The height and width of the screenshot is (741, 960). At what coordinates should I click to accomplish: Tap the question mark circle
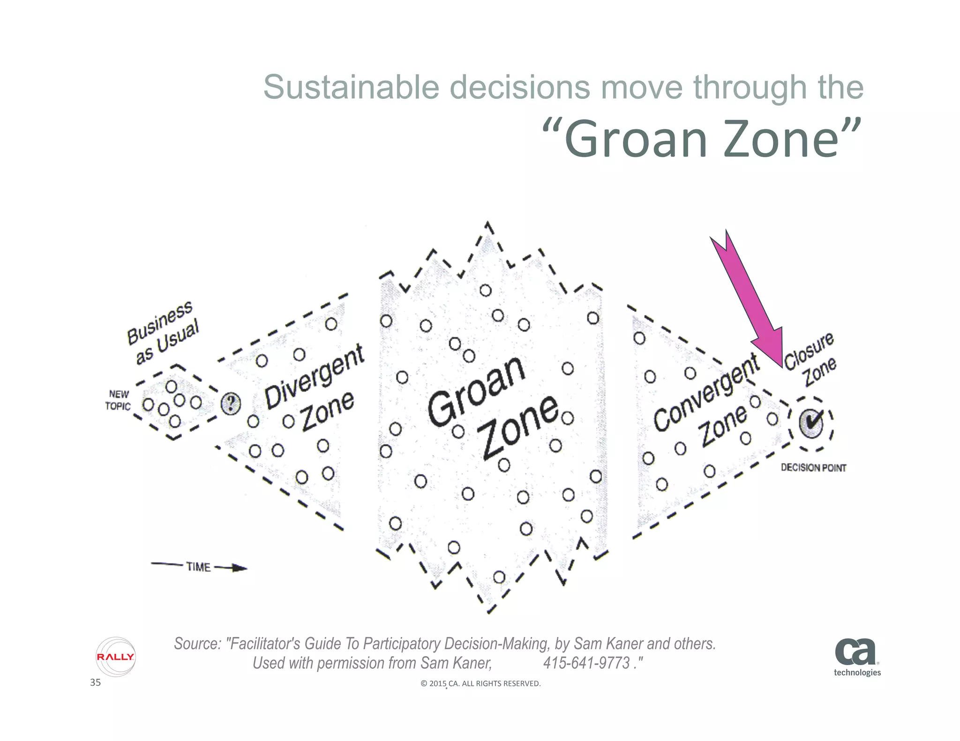click(x=231, y=403)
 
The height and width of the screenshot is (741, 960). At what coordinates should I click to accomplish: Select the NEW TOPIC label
click(x=118, y=400)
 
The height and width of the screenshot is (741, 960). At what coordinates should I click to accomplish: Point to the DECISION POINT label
click(x=813, y=468)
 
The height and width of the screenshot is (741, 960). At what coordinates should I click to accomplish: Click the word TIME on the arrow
click(x=198, y=567)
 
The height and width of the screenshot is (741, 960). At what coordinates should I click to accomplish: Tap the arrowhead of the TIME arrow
click(x=240, y=568)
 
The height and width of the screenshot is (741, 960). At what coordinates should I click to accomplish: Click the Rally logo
click(x=115, y=657)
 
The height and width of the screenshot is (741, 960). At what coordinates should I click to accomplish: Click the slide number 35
click(x=95, y=682)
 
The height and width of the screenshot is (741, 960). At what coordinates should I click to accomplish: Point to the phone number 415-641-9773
click(x=586, y=663)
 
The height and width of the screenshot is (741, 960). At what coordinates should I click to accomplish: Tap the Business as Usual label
click(x=163, y=332)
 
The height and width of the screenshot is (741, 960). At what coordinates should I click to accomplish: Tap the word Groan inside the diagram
click(x=476, y=391)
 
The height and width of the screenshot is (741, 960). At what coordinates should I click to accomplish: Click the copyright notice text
click(x=480, y=683)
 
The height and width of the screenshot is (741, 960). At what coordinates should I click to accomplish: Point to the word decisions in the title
click(x=520, y=88)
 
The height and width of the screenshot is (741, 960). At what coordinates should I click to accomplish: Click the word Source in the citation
click(x=197, y=644)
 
